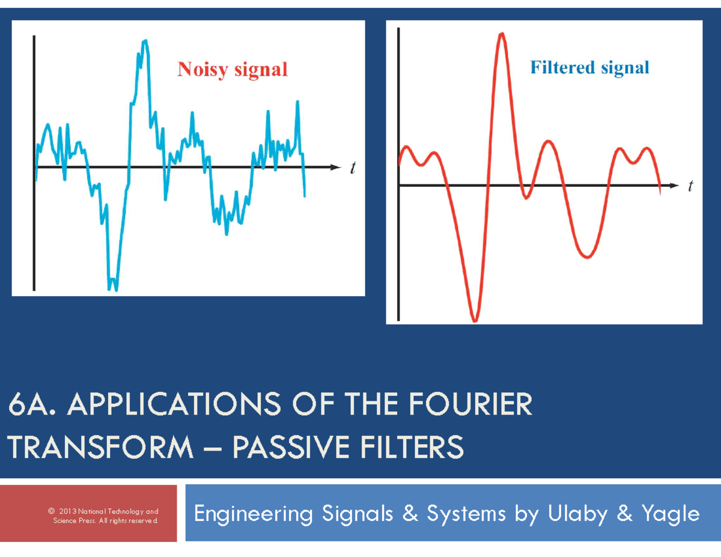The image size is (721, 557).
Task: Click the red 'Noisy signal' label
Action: click(232, 70)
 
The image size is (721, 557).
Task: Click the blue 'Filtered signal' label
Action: click(589, 67)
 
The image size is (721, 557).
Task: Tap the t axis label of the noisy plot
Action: click(353, 169)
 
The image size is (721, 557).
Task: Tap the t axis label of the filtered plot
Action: click(690, 187)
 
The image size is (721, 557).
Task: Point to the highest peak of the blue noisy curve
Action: click(144, 41)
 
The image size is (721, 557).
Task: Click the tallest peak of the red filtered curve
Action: click(501, 34)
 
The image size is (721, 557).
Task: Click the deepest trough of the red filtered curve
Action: click(475, 320)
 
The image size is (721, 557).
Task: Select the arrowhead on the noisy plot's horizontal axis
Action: click(334, 167)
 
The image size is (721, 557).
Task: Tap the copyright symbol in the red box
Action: click(50, 511)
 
